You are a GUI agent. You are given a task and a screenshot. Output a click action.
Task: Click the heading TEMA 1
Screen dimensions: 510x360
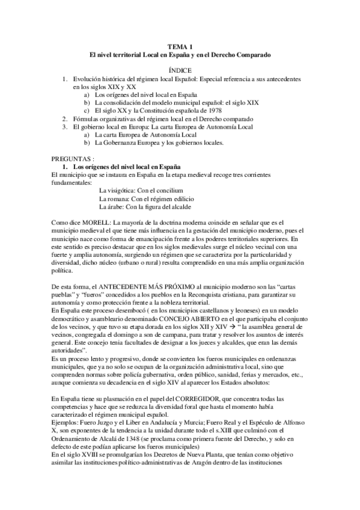pos(180,46)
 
